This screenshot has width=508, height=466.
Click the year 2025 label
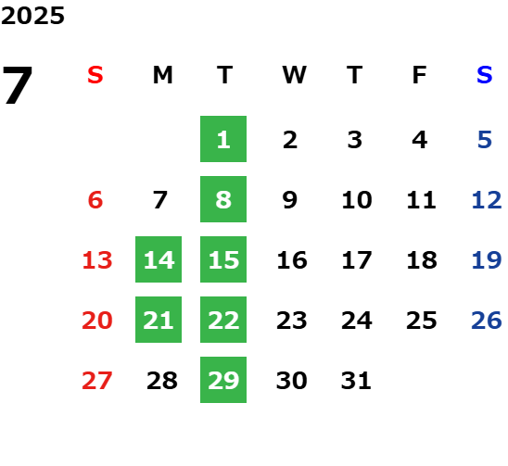coord(32,16)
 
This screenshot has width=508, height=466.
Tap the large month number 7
coord(18,85)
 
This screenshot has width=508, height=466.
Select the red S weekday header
coord(95,75)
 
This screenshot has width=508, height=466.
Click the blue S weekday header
coord(485,75)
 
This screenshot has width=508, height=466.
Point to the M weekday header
coord(162,75)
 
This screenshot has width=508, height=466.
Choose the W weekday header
coord(294,75)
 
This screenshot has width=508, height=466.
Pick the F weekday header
coord(420,75)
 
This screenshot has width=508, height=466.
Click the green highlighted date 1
coord(223,139)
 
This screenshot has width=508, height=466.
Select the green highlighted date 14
coord(159,259)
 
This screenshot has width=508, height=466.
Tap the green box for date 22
coord(223,320)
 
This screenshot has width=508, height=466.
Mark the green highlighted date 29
coord(223,380)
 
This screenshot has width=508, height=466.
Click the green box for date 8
coord(223,199)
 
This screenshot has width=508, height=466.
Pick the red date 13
coord(97,260)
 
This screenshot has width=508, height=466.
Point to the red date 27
coord(97,381)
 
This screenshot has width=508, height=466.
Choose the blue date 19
coord(487,260)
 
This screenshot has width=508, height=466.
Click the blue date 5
coord(485,140)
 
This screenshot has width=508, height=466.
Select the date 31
coord(356,381)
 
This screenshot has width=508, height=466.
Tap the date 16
coord(292,260)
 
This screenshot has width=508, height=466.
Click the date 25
coord(422,321)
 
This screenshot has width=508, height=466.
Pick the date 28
coord(162,381)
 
